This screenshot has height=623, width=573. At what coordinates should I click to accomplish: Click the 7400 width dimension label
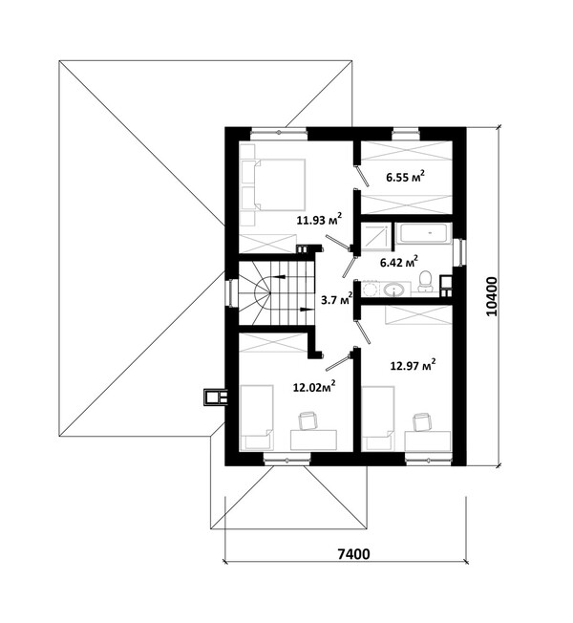click(353, 553)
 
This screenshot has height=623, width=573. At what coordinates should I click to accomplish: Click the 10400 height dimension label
click(491, 296)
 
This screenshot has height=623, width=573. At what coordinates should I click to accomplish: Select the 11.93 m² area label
click(319, 220)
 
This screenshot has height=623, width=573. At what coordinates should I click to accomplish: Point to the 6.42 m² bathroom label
click(398, 262)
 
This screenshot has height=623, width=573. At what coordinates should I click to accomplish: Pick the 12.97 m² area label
click(413, 365)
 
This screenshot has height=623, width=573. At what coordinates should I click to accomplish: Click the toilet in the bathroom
click(425, 281)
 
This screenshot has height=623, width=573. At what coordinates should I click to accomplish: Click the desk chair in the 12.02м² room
click(308, 421)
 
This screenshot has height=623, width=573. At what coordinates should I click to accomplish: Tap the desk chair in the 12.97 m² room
click(422, 422)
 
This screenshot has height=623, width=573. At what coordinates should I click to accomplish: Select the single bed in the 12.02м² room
click(257, 418)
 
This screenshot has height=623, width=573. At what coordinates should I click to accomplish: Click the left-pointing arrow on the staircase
click(278, 276)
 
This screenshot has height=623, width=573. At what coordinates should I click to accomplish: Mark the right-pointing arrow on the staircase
click(306, 309)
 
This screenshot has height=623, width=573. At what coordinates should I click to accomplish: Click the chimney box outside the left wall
click(216, 397)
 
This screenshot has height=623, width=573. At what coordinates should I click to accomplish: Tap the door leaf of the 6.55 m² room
click(363, 176)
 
